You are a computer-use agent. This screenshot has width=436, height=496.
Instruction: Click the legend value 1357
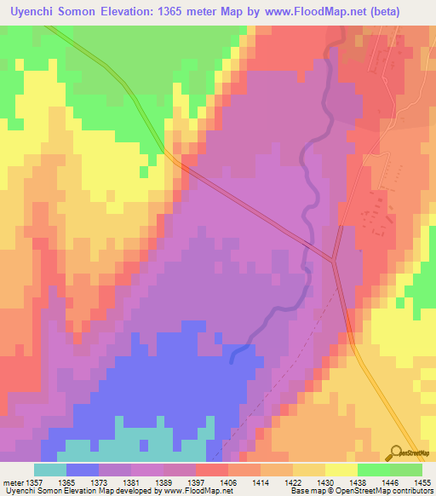pyautogui.click(x=35, y=481)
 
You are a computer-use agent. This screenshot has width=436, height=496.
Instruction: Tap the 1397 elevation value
pyautogui.click(x=210, y=481)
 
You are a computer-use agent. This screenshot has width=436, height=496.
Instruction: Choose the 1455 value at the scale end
pyautogui.click(x=421, y=481)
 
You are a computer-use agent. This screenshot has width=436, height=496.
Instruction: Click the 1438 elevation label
pyautogui.click(x=372, y=481)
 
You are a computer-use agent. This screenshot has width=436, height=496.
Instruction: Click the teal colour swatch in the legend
pyautogui.click(x=50, y=470)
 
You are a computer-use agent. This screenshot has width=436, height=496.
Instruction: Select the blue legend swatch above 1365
pyautogui.click(x=83, y=470)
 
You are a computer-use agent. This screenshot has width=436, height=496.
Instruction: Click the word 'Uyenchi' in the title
pyautogui.click(x=32, y=9)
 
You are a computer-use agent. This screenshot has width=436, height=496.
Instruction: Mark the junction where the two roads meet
pyautogui.click(x=334, y=260)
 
